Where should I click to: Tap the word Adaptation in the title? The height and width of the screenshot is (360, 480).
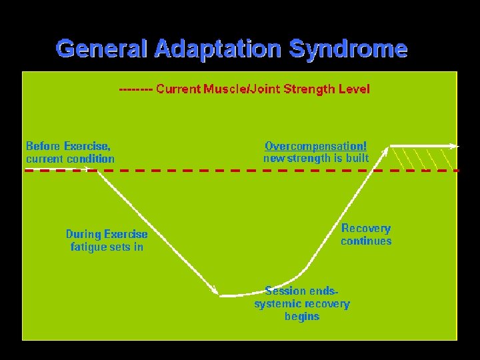point(217,49)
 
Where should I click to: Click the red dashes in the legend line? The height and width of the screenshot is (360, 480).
point(135,89)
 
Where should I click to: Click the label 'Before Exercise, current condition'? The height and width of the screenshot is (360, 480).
point(70,152)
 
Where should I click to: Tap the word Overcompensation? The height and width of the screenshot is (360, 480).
point(315,146)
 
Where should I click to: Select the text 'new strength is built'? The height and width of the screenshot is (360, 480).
point(315,158)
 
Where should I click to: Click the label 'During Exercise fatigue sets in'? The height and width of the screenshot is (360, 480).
point(107,240)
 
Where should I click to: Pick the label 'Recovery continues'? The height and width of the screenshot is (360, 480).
point(366,235)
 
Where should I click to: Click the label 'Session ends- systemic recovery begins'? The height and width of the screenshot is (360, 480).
point(302,303)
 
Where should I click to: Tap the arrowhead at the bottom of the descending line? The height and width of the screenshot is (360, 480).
point(215,290)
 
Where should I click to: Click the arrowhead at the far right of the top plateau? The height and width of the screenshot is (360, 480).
point(455,145)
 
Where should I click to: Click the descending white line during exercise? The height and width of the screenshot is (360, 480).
point(157,230)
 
